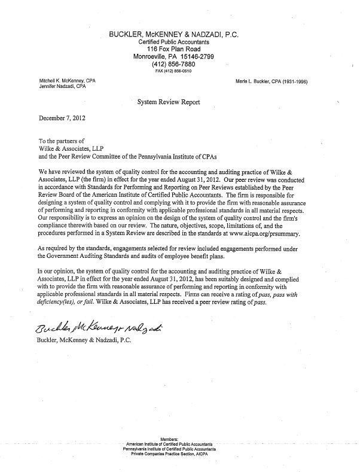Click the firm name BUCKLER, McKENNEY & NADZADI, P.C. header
(173, 35)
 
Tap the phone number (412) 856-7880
(173, 64)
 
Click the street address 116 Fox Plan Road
(173, 50)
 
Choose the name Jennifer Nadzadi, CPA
(57, 87)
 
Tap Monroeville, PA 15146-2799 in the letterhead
(173, 57)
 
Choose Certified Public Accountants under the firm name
(173, 43)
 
